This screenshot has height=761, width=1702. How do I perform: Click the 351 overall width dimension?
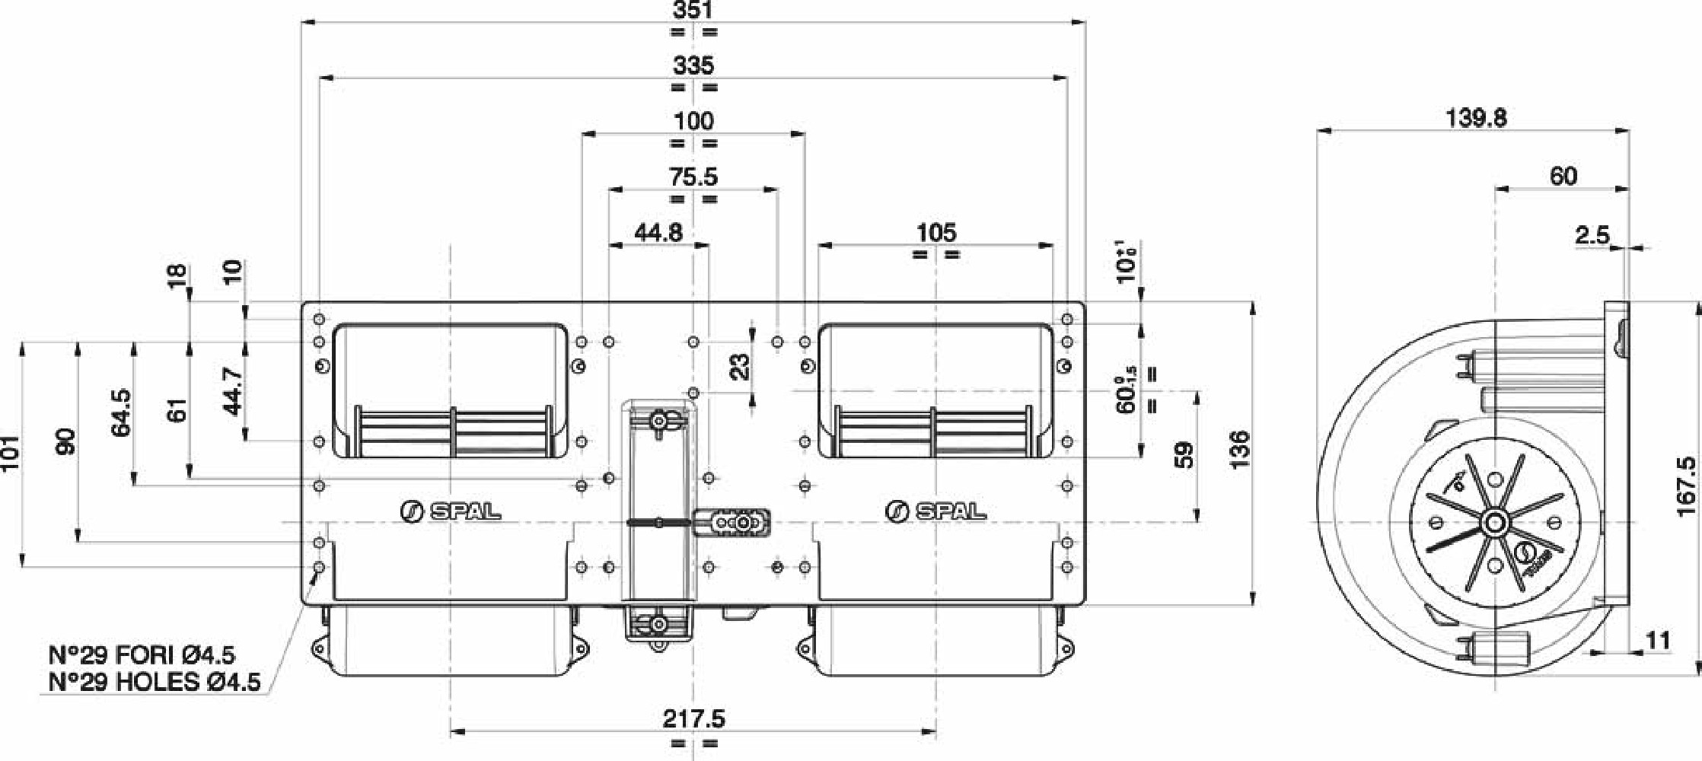[x=693, y=11]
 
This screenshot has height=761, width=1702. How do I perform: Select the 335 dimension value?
[x=693, y=66]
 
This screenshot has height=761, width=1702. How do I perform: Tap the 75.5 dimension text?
[x=693, y=177]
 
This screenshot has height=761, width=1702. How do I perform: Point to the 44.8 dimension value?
[x=658, y=233]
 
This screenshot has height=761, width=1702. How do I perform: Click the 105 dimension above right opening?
[x=935, y=233]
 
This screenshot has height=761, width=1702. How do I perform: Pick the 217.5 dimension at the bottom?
[x=693, y=718]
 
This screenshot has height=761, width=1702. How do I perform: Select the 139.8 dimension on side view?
[x=1476, y=118]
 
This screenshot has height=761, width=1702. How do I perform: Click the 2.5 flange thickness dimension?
[x=1592, y=236]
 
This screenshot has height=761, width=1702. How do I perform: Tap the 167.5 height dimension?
[x=1687, y=487]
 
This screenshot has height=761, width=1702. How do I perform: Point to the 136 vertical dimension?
[x=1239, y=450]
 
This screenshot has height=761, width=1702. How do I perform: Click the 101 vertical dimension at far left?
[x=10, y=454]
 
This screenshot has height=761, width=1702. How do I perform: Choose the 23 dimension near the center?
[x=739, y=367]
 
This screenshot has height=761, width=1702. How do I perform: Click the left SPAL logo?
[x=450, y=511]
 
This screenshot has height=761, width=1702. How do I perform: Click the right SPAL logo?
[x=935, y=511]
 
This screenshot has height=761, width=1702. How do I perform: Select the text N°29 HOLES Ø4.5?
[x=154, y=682]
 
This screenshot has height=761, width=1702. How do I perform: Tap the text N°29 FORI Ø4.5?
[x=142, y=655]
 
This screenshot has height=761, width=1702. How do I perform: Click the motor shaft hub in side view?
[x=1496, y=523]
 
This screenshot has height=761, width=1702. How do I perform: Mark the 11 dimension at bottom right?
[x=1658, y=642]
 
